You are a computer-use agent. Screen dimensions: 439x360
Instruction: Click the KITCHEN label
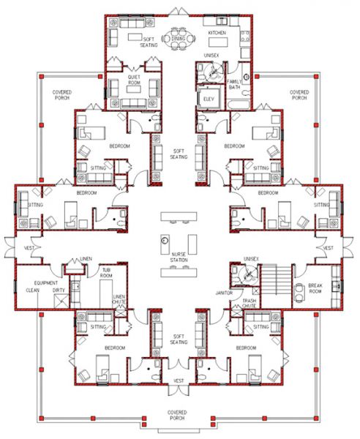pos(217,34)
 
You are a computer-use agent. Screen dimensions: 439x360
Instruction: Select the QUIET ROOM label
pos(134,76)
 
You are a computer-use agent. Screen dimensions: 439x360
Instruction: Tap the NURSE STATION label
pos(179,257)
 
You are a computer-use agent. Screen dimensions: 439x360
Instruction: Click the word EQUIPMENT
pos(35,282)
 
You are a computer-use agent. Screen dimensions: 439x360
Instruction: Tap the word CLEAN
pos(33,290)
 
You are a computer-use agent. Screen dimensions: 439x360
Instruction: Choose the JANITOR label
pos(224,292)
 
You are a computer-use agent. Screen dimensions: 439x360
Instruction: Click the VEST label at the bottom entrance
pos(179,380)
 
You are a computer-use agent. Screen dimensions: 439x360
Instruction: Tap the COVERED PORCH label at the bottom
pos(179,415)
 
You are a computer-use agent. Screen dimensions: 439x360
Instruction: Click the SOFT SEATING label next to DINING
pos(149,42)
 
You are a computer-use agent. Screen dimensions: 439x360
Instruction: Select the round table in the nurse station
pos(165,240)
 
